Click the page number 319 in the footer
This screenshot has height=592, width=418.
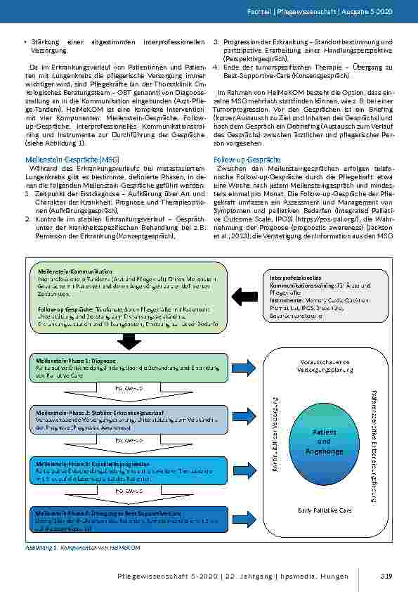pyautogui.click(x=386, y=577)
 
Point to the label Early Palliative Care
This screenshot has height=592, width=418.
pyautogui.click(x=325, y=510)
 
